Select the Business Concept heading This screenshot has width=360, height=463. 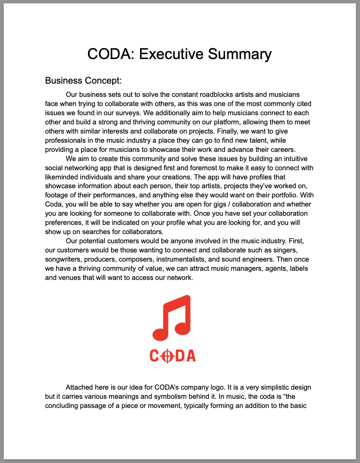83,80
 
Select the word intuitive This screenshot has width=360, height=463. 293,159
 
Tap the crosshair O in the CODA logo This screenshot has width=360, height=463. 167,356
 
